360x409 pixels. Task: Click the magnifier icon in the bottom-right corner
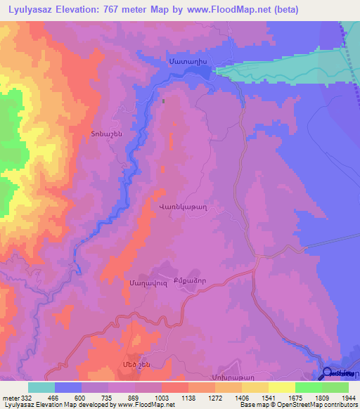click(x=328, y=373)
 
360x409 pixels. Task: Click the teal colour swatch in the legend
click(x=41, y=387)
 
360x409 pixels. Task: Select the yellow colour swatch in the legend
click(x=281, y=387)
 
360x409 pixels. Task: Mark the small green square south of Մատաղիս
click(x=164, y=100)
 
